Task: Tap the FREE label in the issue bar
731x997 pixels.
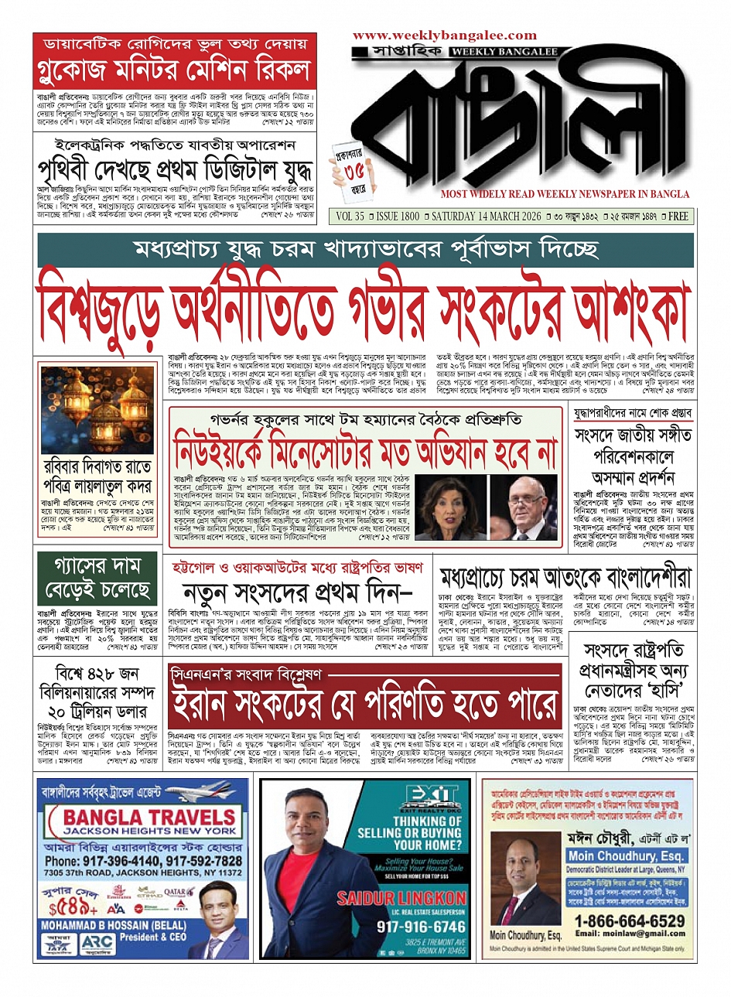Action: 678,217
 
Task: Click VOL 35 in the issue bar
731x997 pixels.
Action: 349,217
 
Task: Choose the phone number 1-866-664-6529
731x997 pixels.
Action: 629,921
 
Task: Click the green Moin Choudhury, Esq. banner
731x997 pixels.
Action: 626,855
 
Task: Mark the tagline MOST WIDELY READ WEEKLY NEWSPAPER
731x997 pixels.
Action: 565,193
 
